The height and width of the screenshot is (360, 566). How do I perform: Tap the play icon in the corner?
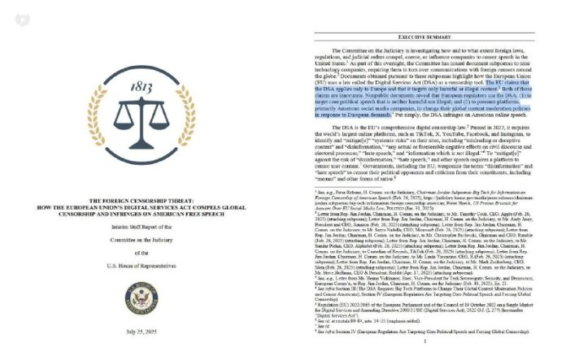(x=10, y=9)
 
